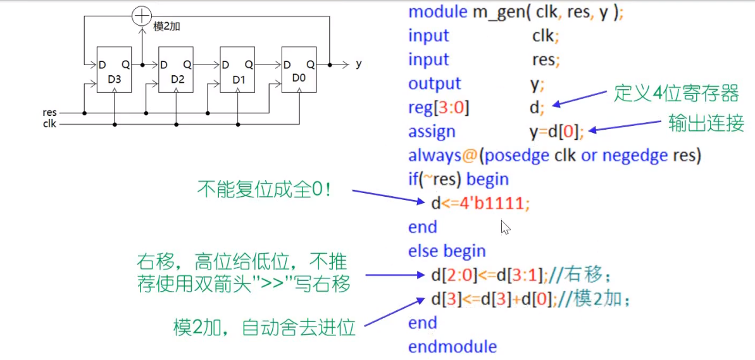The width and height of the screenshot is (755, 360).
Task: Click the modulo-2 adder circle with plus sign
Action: [141, 16]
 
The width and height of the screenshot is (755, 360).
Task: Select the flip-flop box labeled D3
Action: [114, 70]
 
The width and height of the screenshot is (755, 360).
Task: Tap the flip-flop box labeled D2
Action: [176, 70]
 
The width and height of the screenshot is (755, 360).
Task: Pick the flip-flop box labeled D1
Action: [238, 70]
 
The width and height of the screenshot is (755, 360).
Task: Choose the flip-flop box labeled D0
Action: [299, 70]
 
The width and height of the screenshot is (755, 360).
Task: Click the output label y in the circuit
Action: [359, 64]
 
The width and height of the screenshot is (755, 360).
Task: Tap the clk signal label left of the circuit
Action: [49, 124]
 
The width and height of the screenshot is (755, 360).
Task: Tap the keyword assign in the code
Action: [432, 132]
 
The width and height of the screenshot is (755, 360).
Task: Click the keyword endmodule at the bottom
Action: [452, 347]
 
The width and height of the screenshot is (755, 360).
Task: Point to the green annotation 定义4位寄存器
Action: [676, 94]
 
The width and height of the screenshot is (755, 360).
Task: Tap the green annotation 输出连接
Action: [706, 123]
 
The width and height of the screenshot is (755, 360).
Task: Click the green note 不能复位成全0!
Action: [264, 189]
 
